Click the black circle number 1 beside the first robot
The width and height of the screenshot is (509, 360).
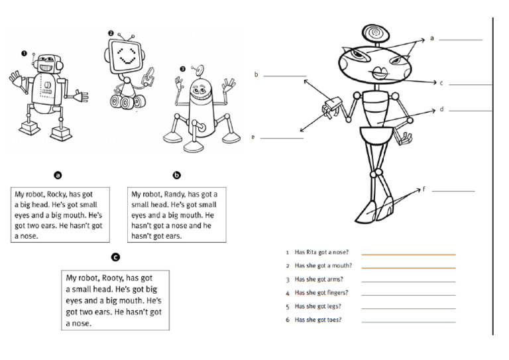click(24, 53)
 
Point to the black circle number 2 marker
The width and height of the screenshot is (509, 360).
click(111, 32)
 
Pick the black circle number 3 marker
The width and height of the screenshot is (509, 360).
click(182, 68)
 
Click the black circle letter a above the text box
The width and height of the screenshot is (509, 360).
click(58, 176)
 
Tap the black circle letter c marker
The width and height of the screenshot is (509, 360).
click(115, 257)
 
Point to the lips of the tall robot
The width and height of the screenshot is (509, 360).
click(380, 72)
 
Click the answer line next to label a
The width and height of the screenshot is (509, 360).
click(461, 40)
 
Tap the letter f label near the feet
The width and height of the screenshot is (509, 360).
click(424, 189)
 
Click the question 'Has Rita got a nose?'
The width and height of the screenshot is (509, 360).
click(321, 253)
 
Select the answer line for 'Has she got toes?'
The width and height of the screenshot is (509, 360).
click(408, 322)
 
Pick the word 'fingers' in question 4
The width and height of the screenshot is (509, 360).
click(336, 293)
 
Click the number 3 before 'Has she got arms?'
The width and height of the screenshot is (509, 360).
click(287, 280)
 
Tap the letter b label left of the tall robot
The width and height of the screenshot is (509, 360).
click(256, 75)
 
